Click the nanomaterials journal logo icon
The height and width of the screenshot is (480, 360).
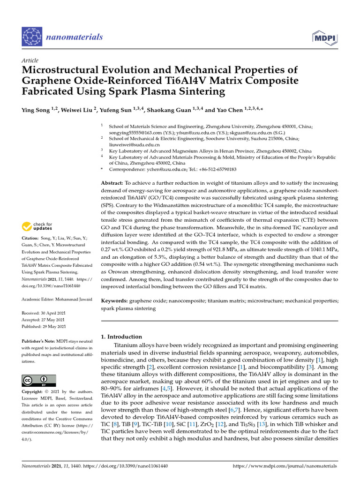tap(32, 37)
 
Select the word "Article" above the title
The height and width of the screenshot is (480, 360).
tap(30, 60)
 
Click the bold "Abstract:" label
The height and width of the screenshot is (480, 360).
tap(112, 182)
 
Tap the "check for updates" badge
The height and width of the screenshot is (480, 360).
tap(37, 226)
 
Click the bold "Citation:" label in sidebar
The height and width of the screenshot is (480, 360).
tap(32, 239)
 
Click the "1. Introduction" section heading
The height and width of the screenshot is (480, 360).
tap(121, 337)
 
